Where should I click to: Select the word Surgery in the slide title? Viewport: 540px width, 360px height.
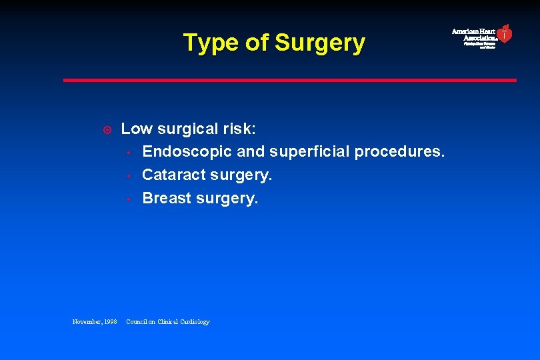click(x=320, y=43)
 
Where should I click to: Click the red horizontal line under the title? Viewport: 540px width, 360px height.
click(x=289, y=80)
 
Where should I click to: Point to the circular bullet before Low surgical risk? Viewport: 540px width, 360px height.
click(x=107, y=129)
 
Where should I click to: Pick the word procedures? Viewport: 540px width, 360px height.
click(x=399, y=151)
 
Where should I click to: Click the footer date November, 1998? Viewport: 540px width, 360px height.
click(x=95, y=322)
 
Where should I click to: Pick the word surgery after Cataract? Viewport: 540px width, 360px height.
click(x=241, y=175)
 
